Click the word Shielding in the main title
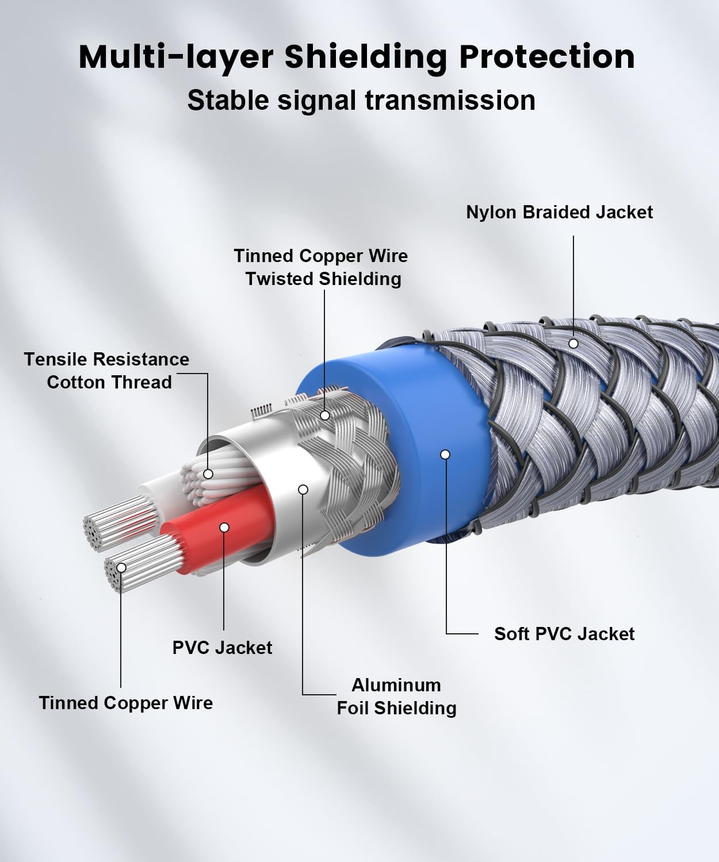366,57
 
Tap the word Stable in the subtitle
228,101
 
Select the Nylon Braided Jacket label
560,212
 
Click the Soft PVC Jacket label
564,634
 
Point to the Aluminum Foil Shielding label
397,696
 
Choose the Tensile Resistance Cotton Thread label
106,371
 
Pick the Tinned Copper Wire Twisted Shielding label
321,267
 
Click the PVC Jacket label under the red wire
222,647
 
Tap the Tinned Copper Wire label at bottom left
126,703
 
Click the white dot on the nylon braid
573,343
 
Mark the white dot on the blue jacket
445,455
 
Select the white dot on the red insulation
224,527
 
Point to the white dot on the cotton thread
208,474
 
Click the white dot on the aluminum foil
303,490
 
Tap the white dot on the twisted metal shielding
325,415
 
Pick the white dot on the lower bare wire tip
121,568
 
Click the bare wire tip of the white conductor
118,522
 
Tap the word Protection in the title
547,57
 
